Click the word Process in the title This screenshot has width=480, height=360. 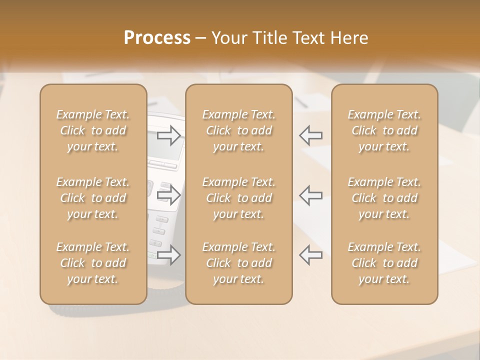[157, 38]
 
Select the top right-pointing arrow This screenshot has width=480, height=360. [169, 135]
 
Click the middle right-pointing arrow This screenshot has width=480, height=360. [169, 195]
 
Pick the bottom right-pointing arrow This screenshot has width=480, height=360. [169, 254]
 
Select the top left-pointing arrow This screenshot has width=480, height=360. [310, 135]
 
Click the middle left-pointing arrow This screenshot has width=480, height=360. [310, 195]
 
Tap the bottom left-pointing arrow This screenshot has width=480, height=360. [310, 254]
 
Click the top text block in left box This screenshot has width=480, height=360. [93, 130]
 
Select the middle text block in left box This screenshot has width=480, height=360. [93, 198]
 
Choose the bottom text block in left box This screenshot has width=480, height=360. [93, 263]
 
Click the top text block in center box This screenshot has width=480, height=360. [238, 130]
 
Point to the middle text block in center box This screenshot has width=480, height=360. [238, 198]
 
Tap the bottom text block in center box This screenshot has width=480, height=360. [238, 263]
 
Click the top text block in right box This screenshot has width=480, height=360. [384, 130]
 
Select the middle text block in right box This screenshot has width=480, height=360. [384, 198]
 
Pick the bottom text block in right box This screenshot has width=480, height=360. [384, 263]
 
